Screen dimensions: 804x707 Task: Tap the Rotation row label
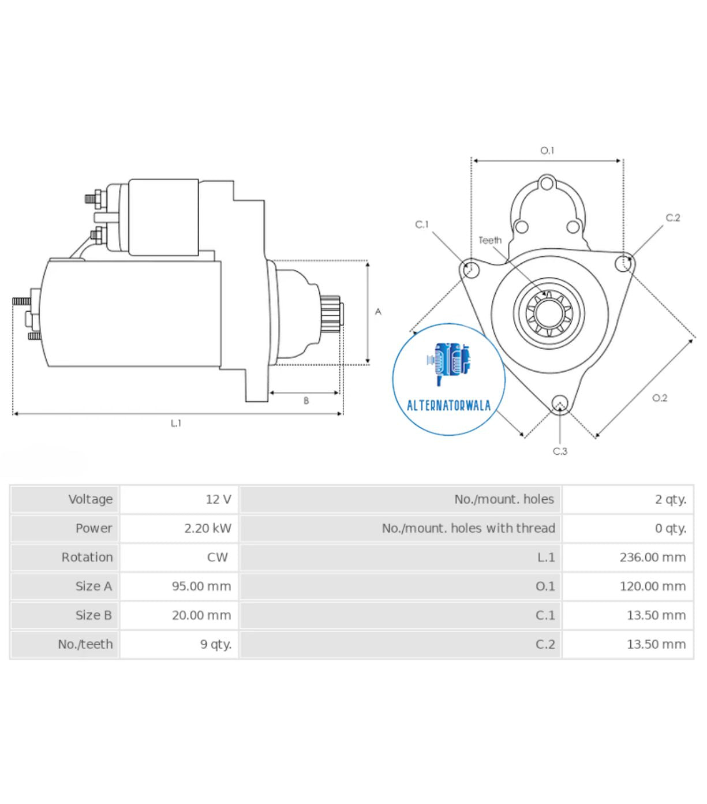pos(87,557)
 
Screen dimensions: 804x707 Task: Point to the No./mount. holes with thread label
pos(468,528)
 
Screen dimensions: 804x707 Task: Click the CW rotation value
pos(218,557)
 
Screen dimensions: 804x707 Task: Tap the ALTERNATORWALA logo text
pos(448,405)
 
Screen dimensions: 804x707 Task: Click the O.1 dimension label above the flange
pos(547,151)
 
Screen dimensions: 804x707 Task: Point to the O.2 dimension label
pos(660,398)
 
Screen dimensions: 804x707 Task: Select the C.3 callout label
pos(560,451)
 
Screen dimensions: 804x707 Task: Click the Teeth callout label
pos(490,240)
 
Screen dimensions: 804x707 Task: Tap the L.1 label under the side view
pos(176,423)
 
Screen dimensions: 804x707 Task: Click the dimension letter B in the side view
pos(306,401)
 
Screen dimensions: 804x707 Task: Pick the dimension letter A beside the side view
pos(378,312)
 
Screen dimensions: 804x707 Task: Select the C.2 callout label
pos(673,218)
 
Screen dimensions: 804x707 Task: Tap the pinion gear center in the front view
pos(549,314)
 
